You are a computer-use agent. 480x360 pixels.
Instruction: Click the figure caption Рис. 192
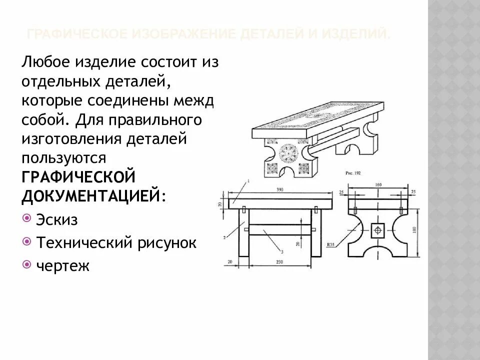[x=355, y=172]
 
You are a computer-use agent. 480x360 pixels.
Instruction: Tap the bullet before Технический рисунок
[x=26, y=242]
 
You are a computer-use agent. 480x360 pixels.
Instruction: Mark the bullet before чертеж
[x=26, y=264]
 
